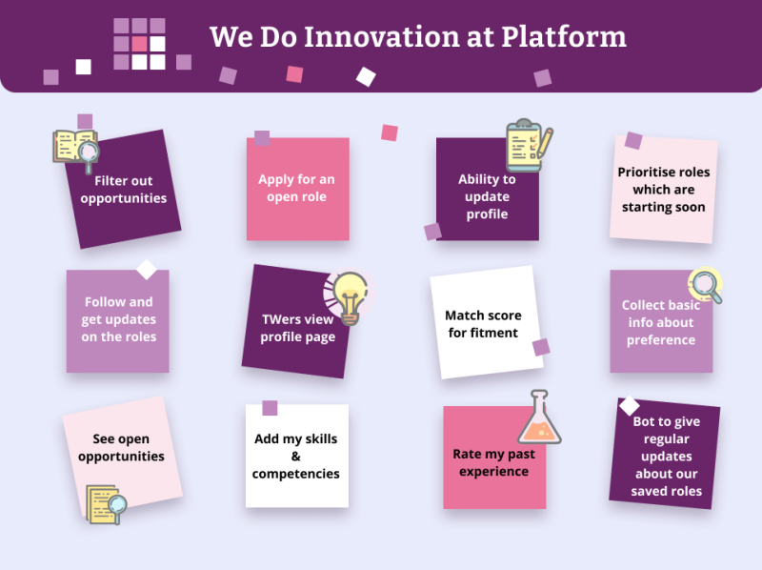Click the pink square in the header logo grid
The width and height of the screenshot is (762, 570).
140,44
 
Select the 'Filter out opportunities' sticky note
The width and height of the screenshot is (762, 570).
123,190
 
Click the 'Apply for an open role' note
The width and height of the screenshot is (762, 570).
297,189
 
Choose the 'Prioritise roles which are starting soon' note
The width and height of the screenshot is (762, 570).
664,190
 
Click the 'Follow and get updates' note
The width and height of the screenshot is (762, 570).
118,320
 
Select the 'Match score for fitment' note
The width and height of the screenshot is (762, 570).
484,324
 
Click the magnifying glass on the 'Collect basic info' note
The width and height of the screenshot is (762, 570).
705,285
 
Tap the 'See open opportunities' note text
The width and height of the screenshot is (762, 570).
123,448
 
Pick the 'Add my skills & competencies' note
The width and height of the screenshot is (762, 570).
296,457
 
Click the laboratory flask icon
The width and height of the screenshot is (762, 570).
540,418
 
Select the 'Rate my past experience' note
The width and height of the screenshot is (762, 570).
493,462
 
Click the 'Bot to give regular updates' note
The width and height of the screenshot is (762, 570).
666,457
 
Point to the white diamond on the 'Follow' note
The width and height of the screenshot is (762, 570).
147,269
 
